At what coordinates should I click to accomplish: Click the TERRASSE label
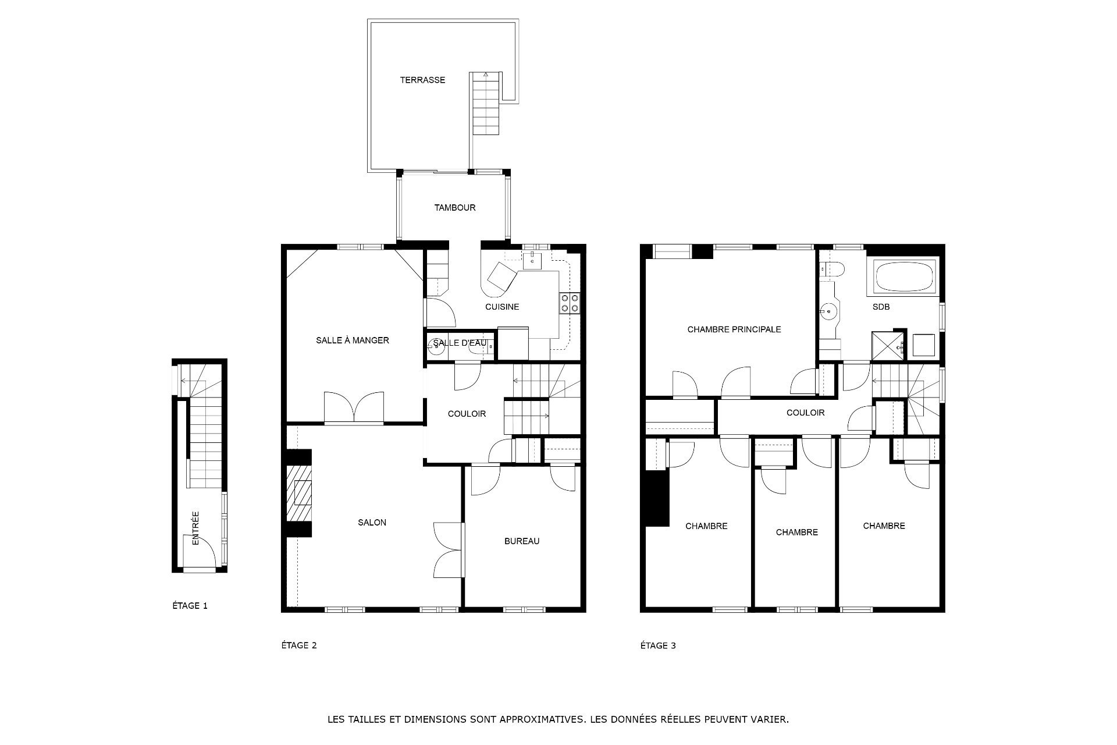point(422,80)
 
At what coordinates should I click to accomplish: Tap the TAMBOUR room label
point(455,208)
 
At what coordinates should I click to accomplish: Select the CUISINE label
point(502,307)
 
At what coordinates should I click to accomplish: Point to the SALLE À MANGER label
point(353,340)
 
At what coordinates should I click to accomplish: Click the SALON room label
point(372,523)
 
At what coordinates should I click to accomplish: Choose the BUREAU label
point(522,541)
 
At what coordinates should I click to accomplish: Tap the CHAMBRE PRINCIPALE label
point(734,329)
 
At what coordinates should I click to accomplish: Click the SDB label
point(881,307)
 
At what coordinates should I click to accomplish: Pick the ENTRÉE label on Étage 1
point(195,528)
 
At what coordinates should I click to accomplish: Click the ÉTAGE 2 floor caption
point(299,645)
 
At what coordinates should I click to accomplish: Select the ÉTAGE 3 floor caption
point(658,645)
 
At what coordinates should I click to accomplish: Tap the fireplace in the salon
point(299,493)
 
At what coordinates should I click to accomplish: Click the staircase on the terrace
point(486,104)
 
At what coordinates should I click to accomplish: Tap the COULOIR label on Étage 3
point(805,413)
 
